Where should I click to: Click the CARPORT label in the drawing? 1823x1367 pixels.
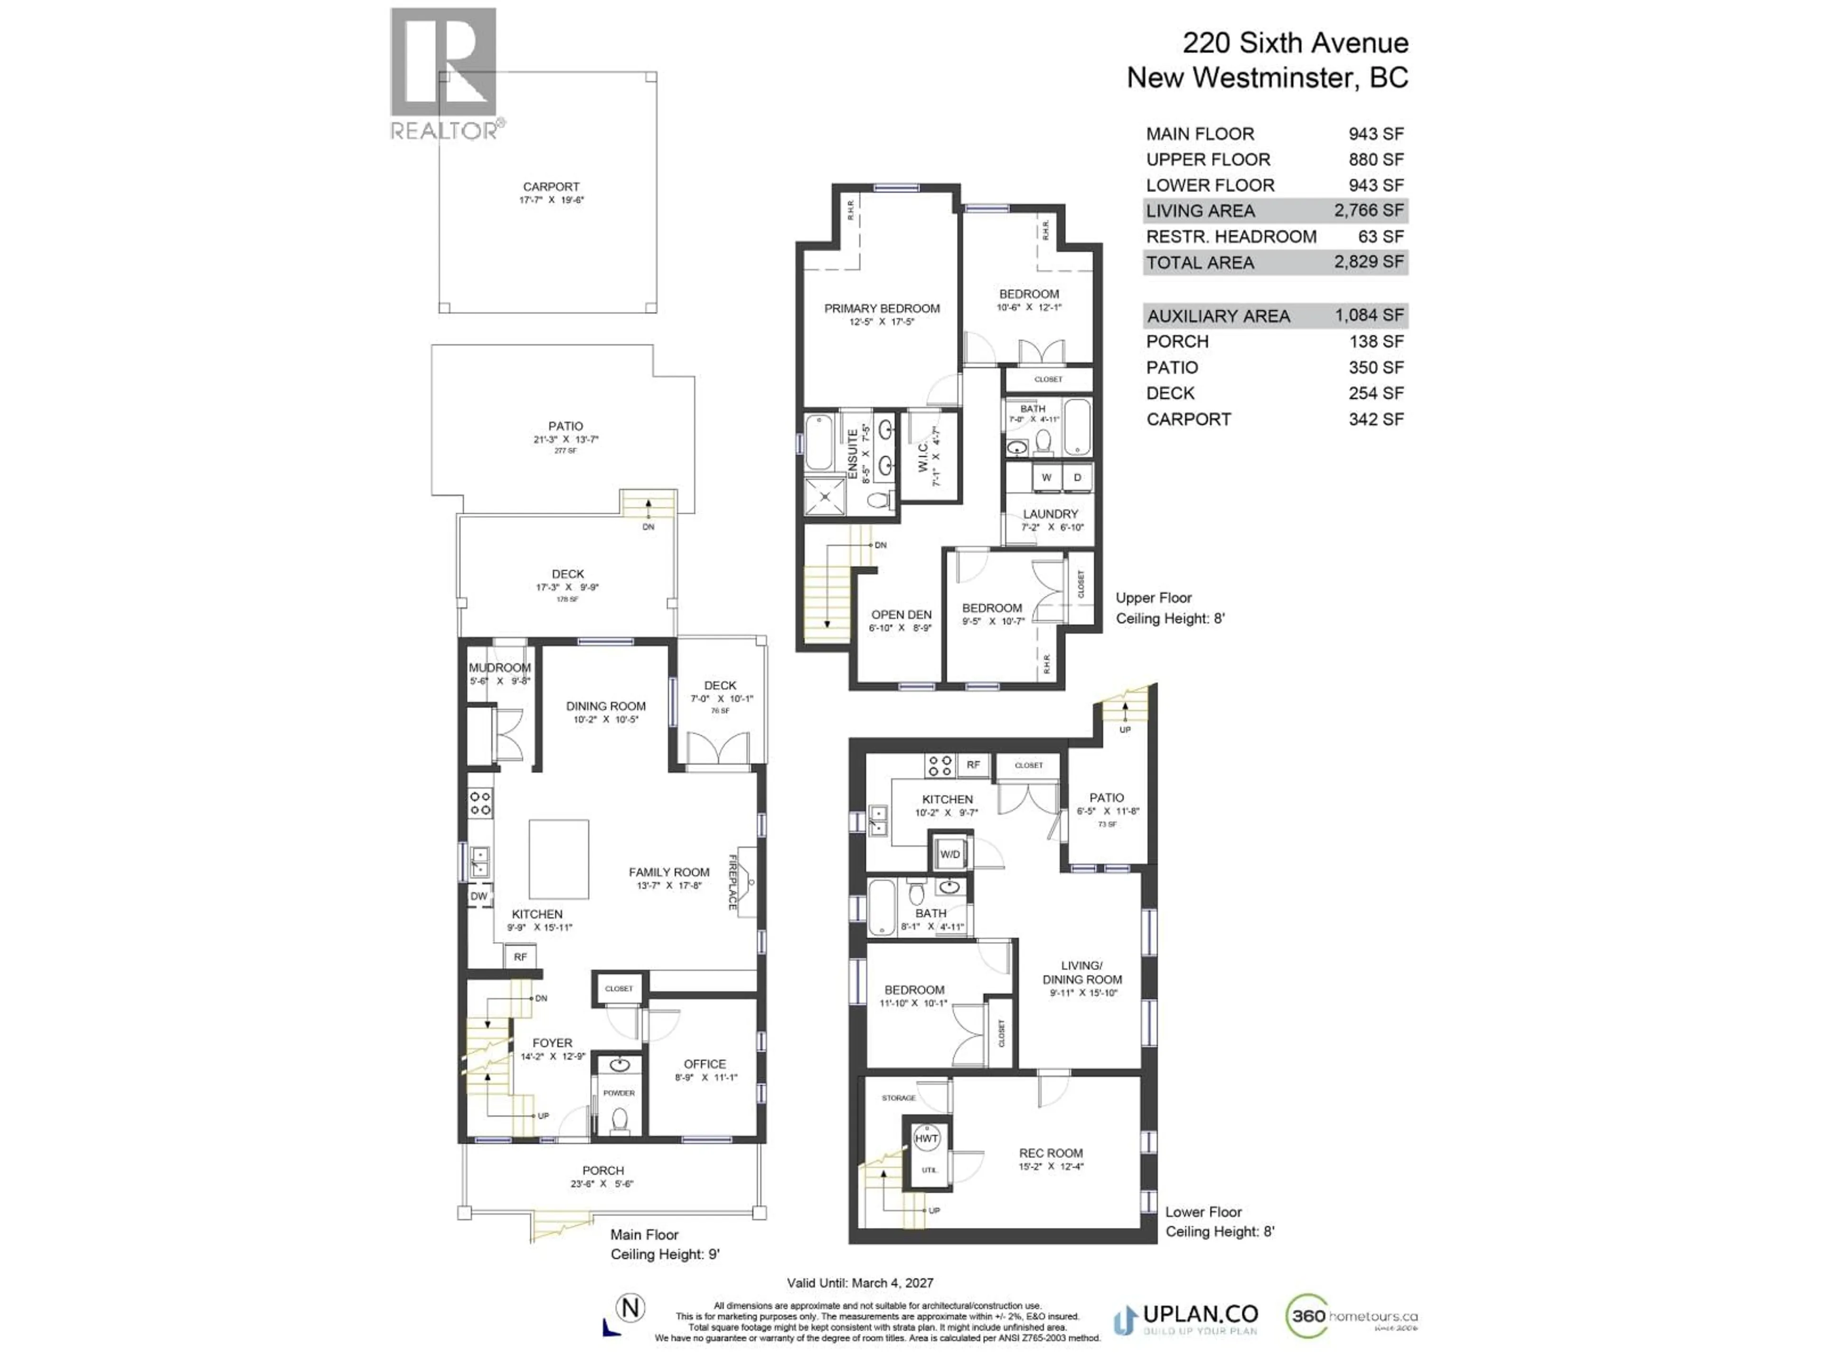coord(551,187)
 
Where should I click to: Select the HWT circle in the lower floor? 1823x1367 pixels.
coord(926,1139)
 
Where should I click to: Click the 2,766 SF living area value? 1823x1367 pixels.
coord(1368,211)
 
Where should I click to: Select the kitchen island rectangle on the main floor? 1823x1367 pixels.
coord(559,859)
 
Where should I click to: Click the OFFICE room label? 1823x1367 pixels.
coord(705,1064)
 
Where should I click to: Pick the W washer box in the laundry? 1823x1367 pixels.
coord(1046,477)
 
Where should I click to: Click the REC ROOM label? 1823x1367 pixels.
coord(1051,1153)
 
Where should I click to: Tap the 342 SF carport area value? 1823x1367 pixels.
coord(1375,420)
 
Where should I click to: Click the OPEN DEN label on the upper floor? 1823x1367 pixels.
coord(902,615)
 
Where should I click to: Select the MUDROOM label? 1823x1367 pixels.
coord(499,667)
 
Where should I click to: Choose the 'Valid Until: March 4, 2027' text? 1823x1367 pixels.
coord(860,1283)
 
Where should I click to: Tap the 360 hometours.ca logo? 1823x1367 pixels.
coord(1352,1316)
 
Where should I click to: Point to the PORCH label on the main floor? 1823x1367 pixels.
coord(602,1170)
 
